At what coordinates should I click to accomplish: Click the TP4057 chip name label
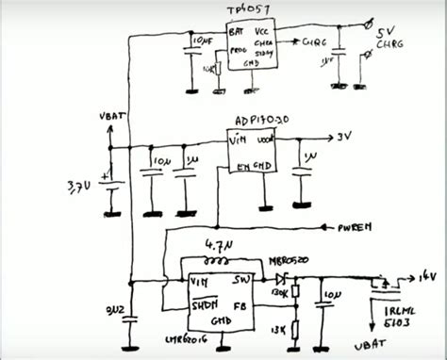point(248,9)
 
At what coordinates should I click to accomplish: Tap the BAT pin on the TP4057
point(236,32)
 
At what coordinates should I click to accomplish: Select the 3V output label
point(346,138)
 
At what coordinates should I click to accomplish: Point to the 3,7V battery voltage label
point(80,188)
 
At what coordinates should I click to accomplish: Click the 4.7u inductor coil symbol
point(222,261)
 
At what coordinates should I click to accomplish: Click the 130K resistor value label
point(279,293)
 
